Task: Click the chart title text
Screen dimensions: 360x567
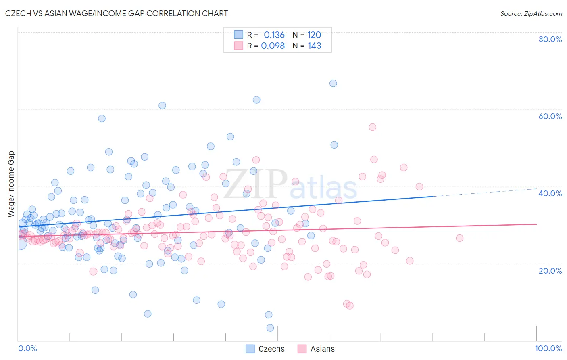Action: click(117, 13)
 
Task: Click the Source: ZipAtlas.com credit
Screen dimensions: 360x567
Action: click(531, 13)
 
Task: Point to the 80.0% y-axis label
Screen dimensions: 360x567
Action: click(550, 39)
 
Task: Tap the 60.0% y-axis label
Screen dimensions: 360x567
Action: click(550, 116)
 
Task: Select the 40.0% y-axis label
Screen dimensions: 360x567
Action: click(550, 193)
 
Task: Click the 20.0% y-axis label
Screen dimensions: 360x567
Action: click(550, 270)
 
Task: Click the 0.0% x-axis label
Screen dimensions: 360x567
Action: click(27, 348)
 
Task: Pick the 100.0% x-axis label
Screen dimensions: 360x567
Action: click(548, 348)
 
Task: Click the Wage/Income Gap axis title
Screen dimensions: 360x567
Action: click(11, 184)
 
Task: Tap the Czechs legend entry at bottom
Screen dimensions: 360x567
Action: click(265, 349)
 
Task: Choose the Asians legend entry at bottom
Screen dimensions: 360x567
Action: click(316, 349)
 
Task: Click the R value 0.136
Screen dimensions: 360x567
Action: click(274, 35)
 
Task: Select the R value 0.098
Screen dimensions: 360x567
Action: click(273, 46)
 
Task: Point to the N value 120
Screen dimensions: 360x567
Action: click(314, 35)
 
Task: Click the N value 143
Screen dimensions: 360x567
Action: click(314, 46)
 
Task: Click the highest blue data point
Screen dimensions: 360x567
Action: click(333, 83)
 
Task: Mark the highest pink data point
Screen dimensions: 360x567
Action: click(372, 127)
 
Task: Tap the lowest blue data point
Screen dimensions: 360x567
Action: click(270, 328)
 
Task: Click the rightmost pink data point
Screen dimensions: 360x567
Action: click(459, 238)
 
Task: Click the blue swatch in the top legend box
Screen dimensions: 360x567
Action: click(239, 35)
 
